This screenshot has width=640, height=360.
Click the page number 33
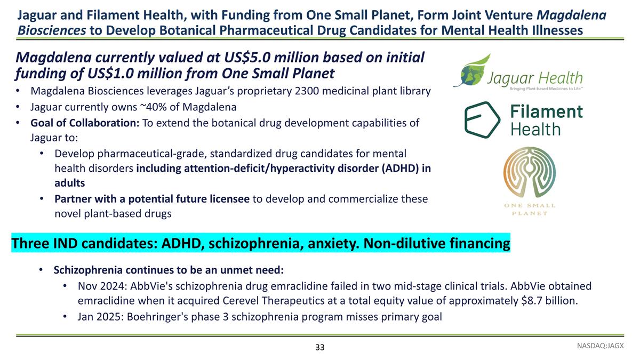[x=319, y=347]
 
